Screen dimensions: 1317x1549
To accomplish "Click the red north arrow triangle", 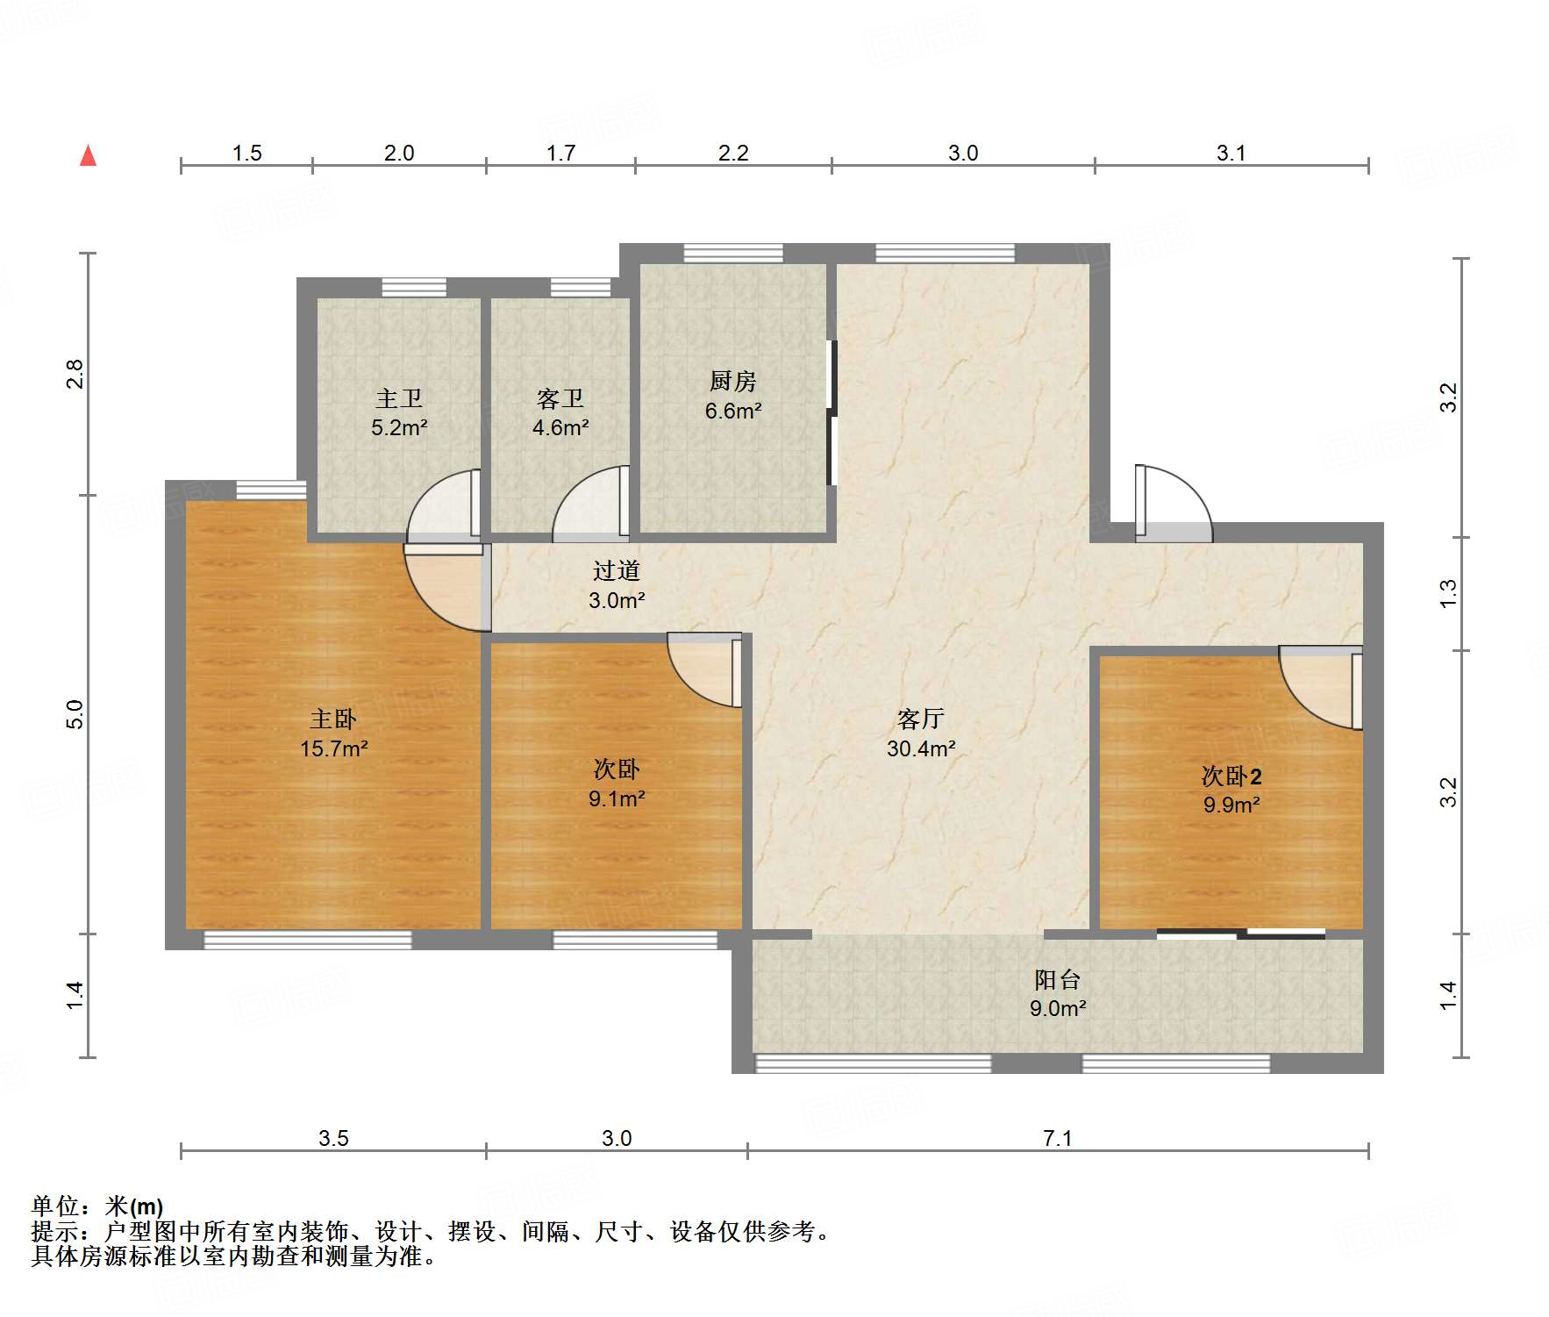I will click(x=88, y=156).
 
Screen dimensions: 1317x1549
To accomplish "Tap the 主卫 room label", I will click(x=399, y=399).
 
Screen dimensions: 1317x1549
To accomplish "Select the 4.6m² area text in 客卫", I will click(x=560, y=428).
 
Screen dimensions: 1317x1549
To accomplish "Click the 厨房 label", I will click(x=733, y=382).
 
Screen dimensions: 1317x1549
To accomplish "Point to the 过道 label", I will click(x=617, y=571).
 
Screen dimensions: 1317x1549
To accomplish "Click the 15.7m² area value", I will click(x=333, y=749).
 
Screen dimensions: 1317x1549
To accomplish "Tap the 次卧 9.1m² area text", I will click(x=617, y=799).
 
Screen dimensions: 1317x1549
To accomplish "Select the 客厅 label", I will click(x=920, y=719).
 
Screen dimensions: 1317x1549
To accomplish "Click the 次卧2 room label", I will click(x=1231, y=777).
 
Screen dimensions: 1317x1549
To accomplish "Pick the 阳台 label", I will click(x=1058, y=980).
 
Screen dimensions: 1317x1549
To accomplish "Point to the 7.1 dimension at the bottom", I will click(x=1058, y=1138).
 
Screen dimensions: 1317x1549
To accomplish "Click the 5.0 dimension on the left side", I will click(x=75, y=713).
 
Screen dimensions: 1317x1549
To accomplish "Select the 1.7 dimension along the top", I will click(x=560, y=154).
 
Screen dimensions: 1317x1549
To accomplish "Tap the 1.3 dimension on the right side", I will click(x=1448, y=593).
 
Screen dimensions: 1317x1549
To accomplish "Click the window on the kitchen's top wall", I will click(x=733, y=254).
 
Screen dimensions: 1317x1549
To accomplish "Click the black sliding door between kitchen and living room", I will click(x=832, y=412).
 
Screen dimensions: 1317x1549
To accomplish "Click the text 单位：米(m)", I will click(x=97, y=1206).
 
